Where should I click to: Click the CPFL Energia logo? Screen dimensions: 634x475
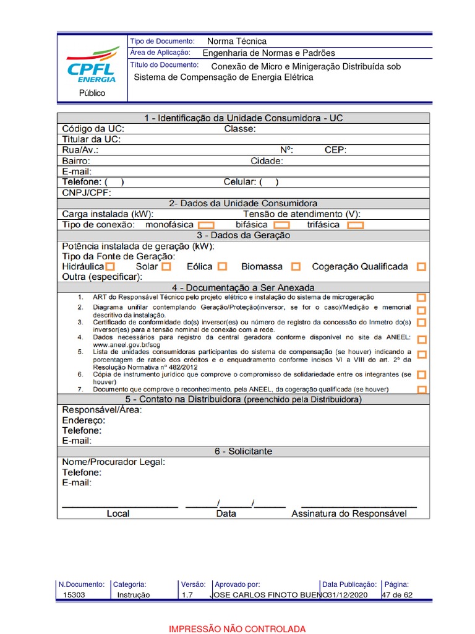click(92, 64)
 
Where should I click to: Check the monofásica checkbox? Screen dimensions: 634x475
click(206, 225)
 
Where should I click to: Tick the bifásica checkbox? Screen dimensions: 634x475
click(281, 225)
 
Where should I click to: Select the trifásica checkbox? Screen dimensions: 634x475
click(355, 225)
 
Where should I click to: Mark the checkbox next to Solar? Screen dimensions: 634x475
click(166, 267)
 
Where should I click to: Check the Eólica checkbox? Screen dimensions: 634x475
click(222, 267)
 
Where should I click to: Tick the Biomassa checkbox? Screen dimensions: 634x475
click(296, 267)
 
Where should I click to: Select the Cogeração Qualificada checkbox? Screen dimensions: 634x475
click(421, 267)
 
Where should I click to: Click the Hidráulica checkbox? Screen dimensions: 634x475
click(110, 267)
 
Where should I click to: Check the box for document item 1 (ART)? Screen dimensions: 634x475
click(421, 298)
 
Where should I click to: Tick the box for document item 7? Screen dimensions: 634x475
click(421, 389)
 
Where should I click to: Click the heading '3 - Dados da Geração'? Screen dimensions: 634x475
click(243, 235)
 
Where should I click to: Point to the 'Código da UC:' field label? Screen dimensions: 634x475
click(92, 129)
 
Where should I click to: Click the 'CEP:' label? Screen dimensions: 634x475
click(335, 150)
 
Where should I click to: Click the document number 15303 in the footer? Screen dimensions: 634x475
click(74, 595)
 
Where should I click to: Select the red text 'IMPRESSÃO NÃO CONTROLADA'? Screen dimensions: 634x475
click(237, 629)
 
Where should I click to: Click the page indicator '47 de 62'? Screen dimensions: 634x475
click(397, 595)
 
